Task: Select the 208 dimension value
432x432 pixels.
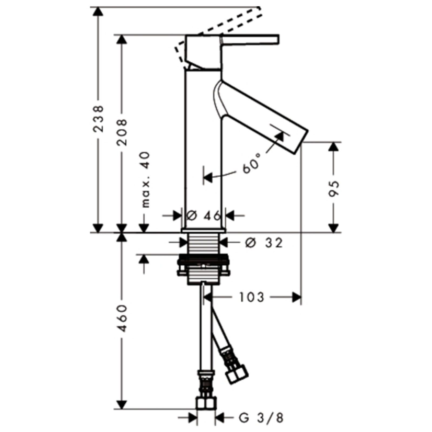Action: click(x=122, y=132)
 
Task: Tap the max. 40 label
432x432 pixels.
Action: click(x=145, y=180)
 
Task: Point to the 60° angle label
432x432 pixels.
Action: click(x=251, y=164)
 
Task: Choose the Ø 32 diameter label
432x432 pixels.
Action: click(x=264, y=243)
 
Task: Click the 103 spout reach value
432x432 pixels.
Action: click(x=252, y=297)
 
